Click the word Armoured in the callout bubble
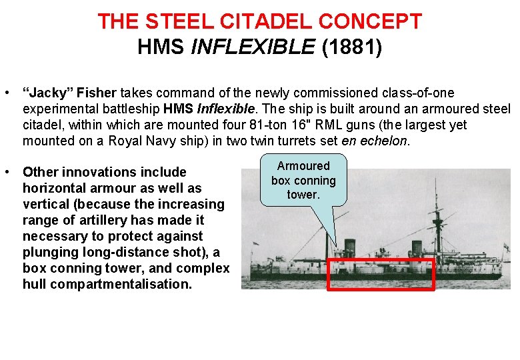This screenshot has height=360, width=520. (x=303, y=166)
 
